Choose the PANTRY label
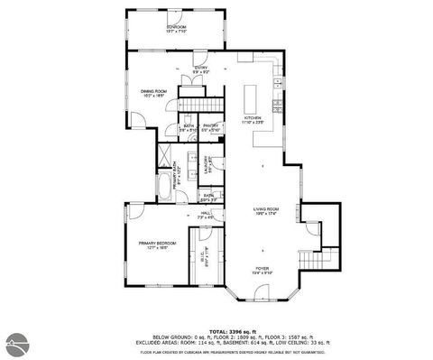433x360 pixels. pyautogui.click(x=211, y=127)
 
